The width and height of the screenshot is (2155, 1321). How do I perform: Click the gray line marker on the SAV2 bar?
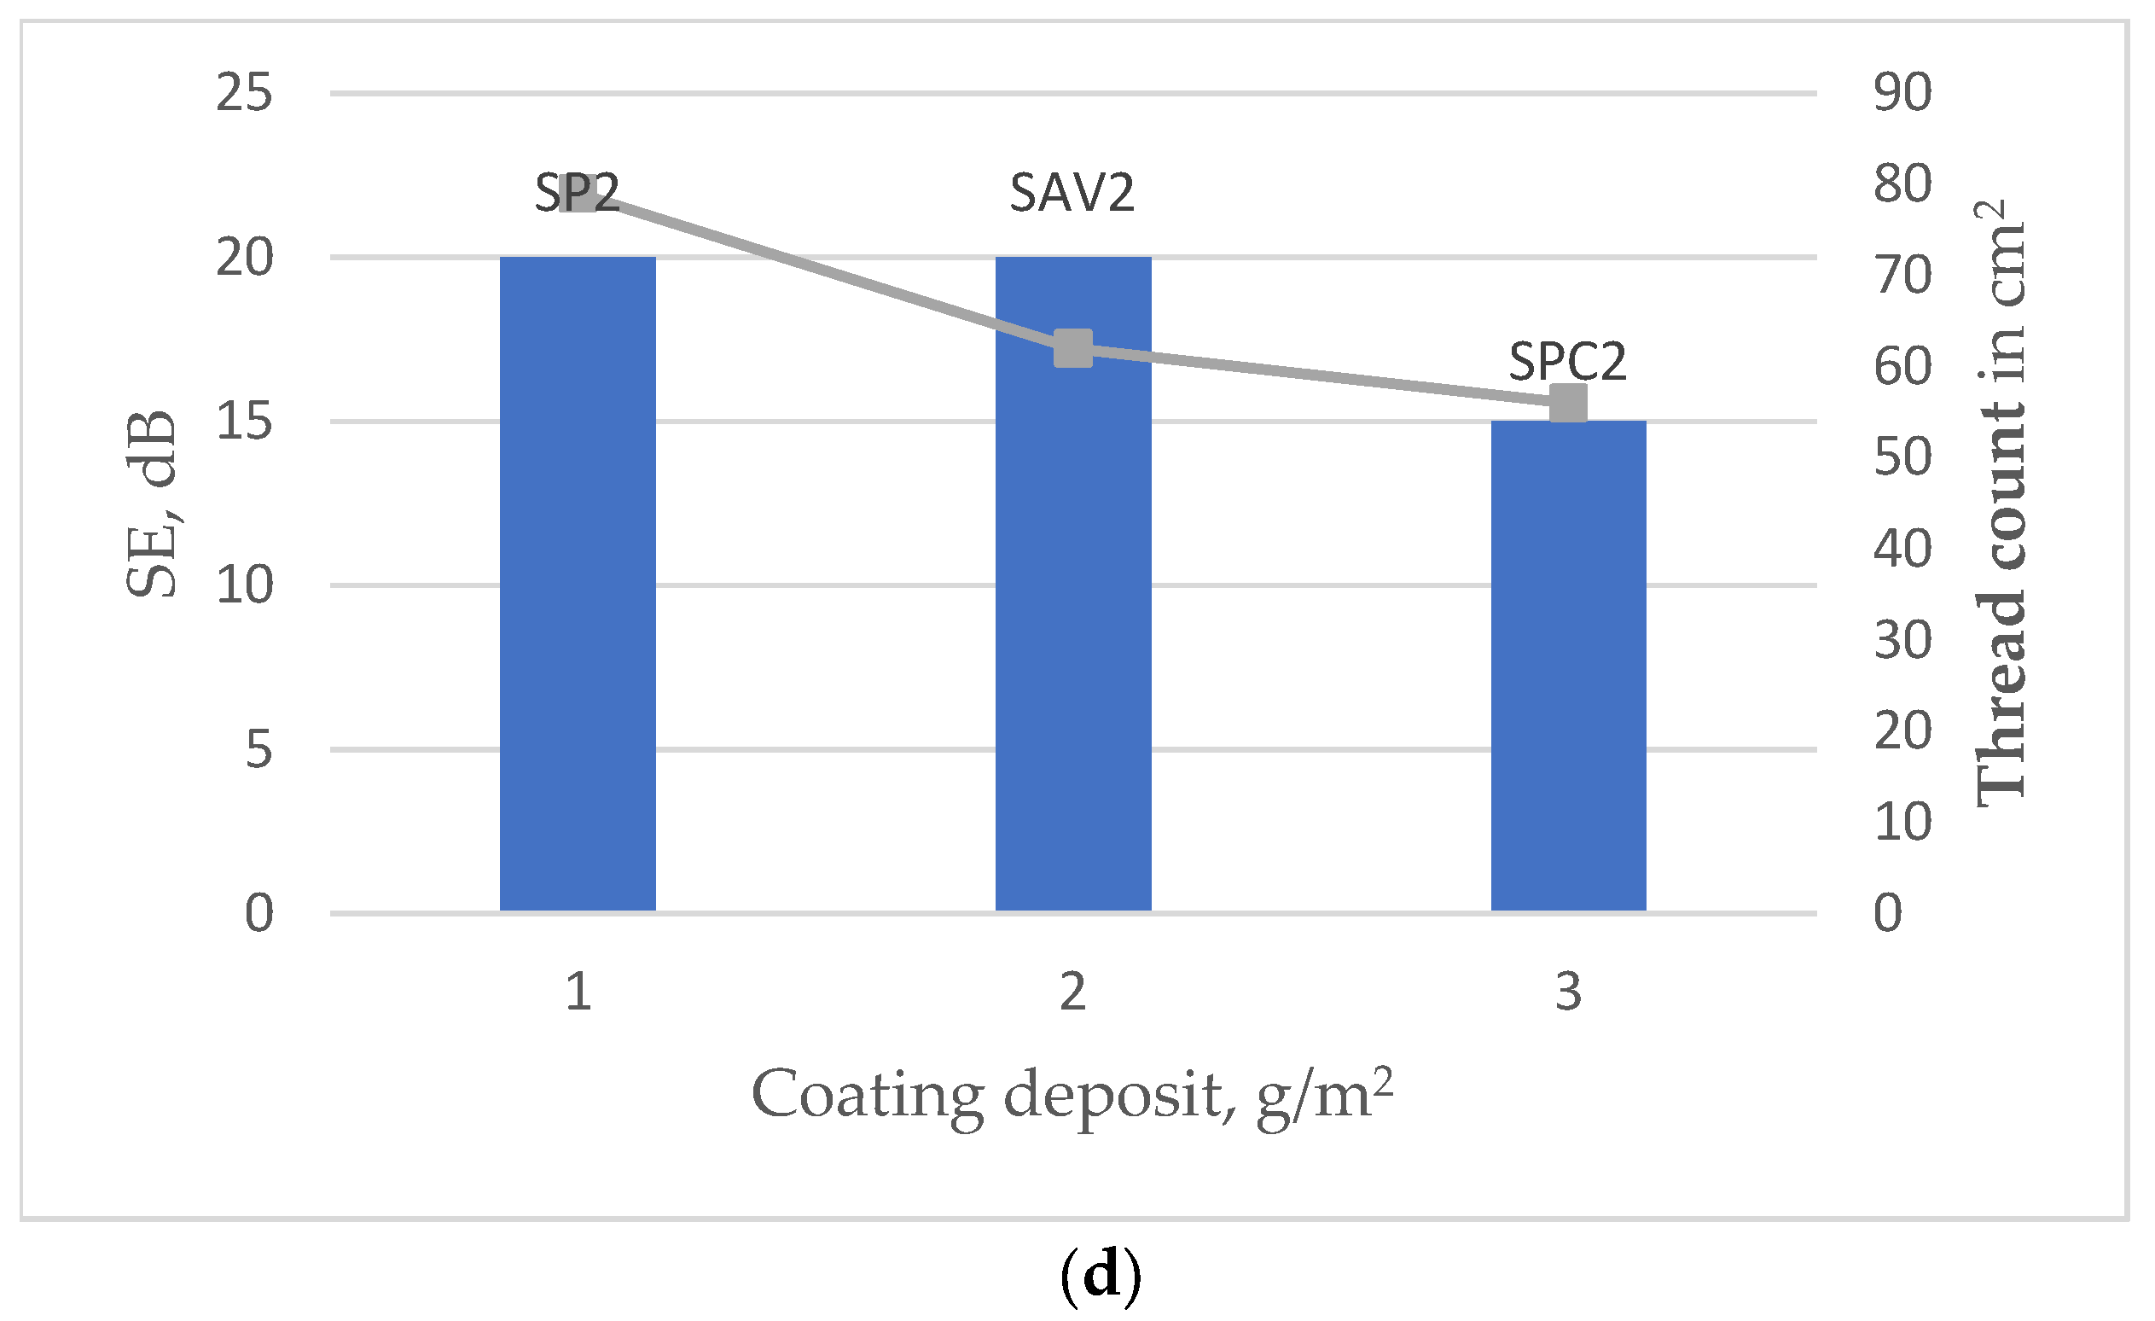click(1073, 348)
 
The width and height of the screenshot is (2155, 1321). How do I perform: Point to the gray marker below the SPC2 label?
click(1568, 404)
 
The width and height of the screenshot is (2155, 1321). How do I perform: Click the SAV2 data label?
click(1072, 193)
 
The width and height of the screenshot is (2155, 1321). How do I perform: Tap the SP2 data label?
click(577, 193)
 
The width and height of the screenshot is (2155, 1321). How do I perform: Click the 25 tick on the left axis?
click(244, 93)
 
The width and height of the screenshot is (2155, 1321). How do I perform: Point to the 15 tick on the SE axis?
click(244, 422)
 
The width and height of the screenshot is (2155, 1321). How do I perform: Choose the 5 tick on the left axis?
click(258, 750)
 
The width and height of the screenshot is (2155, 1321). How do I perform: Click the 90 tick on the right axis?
click(1903, 93)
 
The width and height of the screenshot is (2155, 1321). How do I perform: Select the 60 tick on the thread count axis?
click(1903, 367)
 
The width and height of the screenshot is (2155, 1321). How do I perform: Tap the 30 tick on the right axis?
click(1903, 640)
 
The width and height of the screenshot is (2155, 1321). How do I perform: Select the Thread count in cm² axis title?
click(2001, 503)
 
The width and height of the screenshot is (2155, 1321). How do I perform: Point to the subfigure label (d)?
click(1101, 1277)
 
